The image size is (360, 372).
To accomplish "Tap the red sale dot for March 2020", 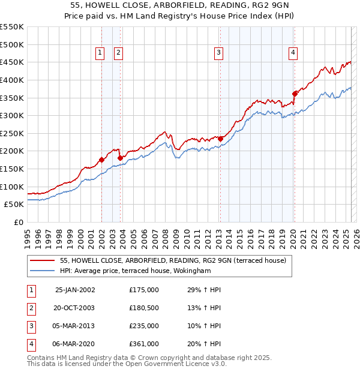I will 295,93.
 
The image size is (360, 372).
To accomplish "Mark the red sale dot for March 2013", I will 220,139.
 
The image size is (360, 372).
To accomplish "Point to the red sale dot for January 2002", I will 101,160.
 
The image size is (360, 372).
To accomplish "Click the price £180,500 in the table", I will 144,308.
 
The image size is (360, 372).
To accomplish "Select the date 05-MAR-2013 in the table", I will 75,326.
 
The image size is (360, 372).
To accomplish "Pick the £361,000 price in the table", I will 144,344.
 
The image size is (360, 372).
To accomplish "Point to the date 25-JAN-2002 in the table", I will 75,290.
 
